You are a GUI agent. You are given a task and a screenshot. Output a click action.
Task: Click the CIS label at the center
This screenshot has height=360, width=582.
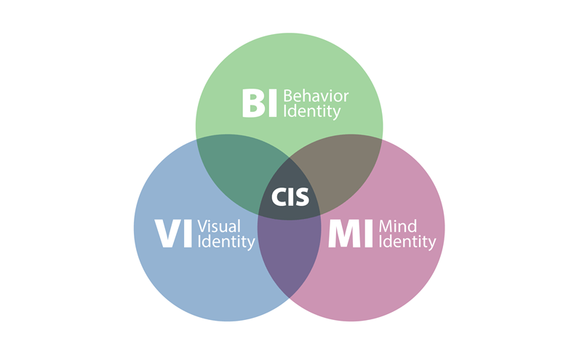290,196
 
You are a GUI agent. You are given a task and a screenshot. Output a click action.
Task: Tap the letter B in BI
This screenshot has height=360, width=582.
252,103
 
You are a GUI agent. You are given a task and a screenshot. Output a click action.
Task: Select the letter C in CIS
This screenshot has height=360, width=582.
278,196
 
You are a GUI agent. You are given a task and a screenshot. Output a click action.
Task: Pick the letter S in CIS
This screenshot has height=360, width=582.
302,196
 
